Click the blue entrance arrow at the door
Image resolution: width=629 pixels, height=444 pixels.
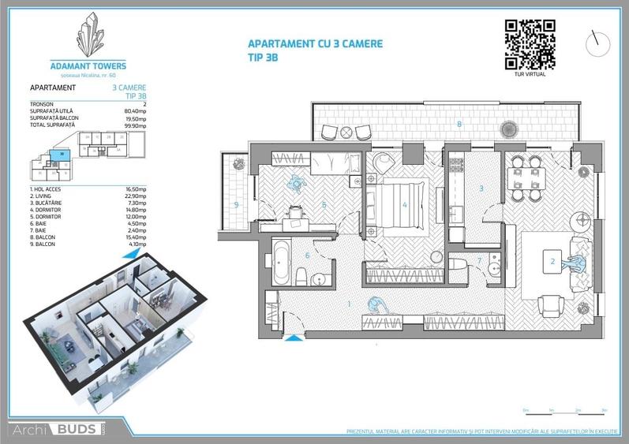[293, 338]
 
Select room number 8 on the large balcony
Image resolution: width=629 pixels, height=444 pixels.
[459, 124]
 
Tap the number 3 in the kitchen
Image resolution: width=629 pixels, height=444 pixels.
[481, 188]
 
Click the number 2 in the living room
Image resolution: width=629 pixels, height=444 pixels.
[553, 260]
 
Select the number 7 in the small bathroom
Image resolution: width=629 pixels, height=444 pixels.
[480, 260]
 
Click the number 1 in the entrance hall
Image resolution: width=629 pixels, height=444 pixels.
[349, 302]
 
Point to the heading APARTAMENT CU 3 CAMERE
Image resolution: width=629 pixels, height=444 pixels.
[315, 44]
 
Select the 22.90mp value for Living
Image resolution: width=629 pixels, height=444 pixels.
[137, 195]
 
